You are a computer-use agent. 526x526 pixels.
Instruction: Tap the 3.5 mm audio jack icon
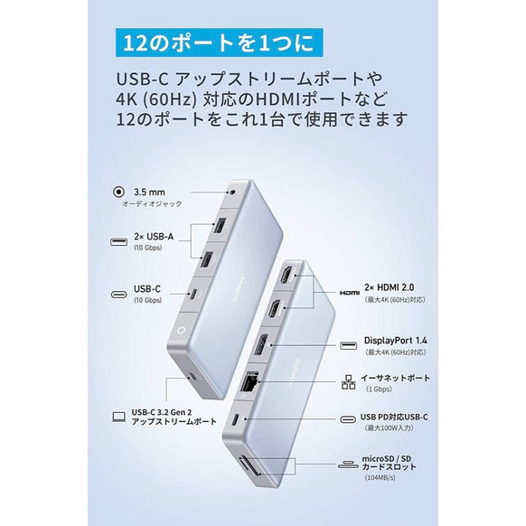[118, 191]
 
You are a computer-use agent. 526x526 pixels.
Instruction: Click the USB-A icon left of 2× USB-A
[118, 239]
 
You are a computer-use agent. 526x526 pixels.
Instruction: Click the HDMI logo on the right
[350, 294]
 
